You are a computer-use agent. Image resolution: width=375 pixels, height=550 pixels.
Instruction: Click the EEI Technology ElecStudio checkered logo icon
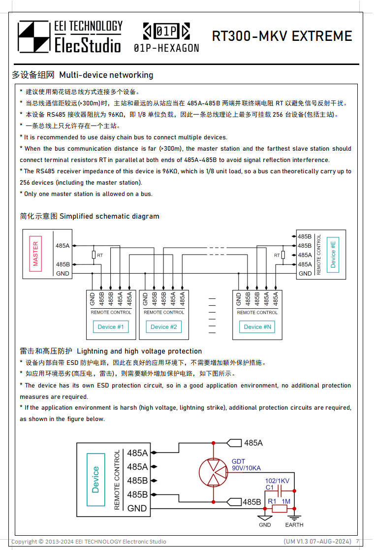coord(34,36)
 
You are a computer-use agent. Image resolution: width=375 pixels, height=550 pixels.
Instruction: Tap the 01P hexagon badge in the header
coord(166,32)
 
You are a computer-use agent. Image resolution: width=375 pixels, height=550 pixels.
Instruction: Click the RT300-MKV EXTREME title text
coord(282,36)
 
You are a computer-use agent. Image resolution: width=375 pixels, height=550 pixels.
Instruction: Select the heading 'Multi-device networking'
coord(106,75)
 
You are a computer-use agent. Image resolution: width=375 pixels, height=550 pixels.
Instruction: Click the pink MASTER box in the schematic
coord(35,254)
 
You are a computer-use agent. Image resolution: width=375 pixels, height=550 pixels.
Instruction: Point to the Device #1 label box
coord(111,326)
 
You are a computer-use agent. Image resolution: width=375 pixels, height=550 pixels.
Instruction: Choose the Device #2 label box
coord(163,326)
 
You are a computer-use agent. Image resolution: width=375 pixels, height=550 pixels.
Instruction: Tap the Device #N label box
coord(257,326)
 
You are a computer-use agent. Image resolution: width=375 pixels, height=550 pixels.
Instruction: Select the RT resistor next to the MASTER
coord(94,255)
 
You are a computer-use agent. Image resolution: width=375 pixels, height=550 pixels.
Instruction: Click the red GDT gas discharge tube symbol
coord(213,473)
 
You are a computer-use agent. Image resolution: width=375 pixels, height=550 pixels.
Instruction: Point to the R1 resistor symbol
coord(279,508)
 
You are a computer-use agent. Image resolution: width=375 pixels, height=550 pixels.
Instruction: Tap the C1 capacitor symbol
coord(279,491)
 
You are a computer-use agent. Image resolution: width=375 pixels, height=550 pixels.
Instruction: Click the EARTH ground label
coord(294,525)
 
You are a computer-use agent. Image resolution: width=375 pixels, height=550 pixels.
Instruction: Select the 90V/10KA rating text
coord(246,468)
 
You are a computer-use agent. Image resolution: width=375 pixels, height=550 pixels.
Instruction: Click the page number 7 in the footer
coord(357,541)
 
